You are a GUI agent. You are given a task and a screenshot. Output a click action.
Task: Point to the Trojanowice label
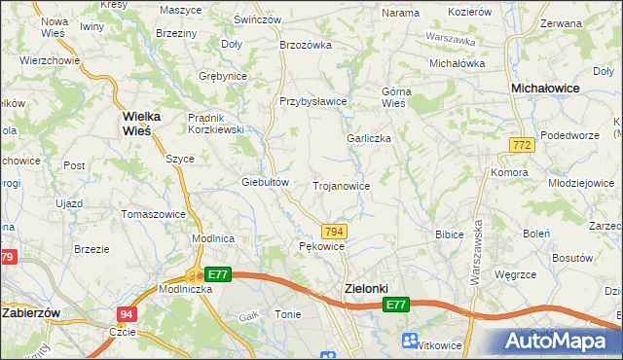tap(341, 185)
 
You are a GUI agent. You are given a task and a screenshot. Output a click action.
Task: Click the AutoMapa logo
tap(560, 342)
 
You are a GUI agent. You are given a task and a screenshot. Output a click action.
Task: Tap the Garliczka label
tap(369, 138)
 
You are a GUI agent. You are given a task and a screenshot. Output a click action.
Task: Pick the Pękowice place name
tap(322, 247)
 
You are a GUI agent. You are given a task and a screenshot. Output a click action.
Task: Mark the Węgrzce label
tap(517, 274)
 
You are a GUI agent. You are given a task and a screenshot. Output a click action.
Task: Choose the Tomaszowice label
tap(153, 213)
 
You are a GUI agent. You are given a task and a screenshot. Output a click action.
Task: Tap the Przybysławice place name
tap(313, 101)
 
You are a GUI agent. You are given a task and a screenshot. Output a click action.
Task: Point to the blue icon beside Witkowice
tap(410, 340)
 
